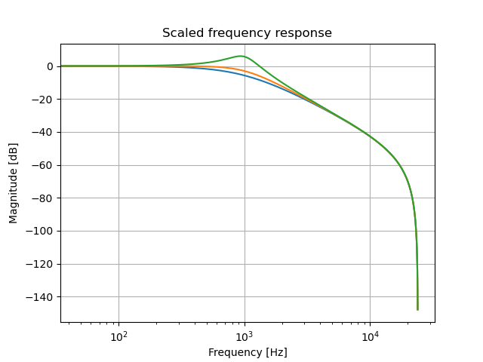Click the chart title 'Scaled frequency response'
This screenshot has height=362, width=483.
(x=247, y=33)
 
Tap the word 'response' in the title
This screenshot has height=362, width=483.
(x=306, y=33)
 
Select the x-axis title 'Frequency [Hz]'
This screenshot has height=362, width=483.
(x=247, y=352)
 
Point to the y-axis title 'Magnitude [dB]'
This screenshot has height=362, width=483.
(x=14, y=183)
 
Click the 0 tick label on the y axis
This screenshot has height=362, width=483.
(x=50, y=66)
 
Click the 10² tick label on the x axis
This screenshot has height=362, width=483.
(x=118, y=336)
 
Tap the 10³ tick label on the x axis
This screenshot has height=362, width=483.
(x=245, y=336)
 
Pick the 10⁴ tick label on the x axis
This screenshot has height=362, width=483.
(x=370, y=336)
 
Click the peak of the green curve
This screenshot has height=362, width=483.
(x=241, y=56)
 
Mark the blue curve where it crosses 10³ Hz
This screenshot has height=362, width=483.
(x=245, y=75)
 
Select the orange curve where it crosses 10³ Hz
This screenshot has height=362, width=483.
(x=245, y=71)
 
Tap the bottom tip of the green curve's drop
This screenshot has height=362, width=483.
(x=417, y=309)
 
